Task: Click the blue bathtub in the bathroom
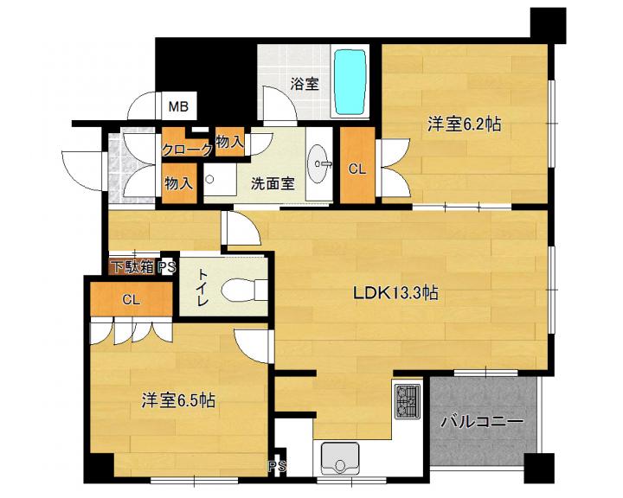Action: point(350,82)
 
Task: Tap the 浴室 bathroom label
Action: point(305,84)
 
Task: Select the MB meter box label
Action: point(178,106)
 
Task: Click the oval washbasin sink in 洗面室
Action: point(318,164)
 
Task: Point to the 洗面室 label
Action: point(273,183)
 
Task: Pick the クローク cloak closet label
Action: point(187,150)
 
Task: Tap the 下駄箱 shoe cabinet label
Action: point(132,267)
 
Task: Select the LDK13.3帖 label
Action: point(395,293)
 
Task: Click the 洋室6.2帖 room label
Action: point(464,124)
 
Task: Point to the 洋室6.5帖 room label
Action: point(179,400)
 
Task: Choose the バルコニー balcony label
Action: point(482,421)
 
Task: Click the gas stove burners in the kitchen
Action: point(408,401)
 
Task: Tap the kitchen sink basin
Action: point(340,458)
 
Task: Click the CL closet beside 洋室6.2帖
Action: point(357,169)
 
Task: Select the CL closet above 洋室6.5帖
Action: point(132,299)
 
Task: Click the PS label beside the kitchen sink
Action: point(277,466)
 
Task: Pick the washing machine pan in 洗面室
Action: point(220,179)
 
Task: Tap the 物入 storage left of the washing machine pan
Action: point(179,183)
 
